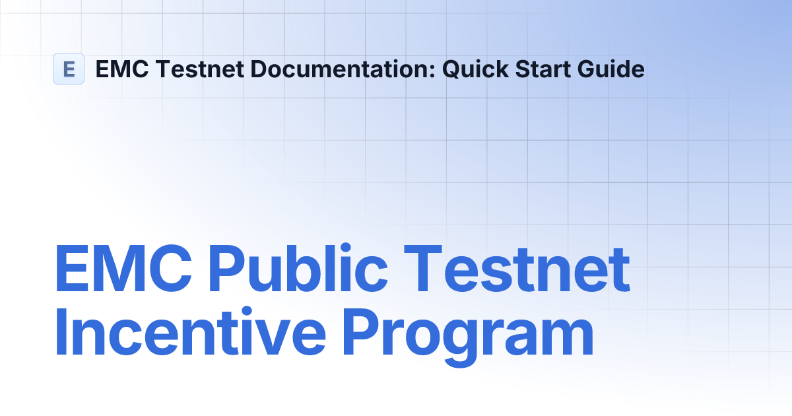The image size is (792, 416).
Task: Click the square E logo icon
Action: (69, 69)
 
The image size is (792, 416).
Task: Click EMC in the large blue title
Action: (123, 271)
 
